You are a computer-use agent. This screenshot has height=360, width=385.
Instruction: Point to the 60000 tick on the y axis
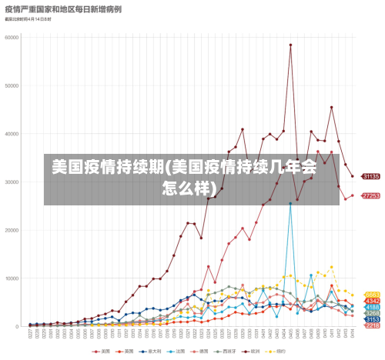pos(12,36)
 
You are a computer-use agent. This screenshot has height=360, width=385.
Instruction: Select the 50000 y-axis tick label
pos(12,85)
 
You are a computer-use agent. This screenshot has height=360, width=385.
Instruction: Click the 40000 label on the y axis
pos(12,133)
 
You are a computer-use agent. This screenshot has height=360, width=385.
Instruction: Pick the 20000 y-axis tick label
pos(12,230)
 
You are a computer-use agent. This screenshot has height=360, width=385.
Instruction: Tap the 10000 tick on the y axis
pos(12,278)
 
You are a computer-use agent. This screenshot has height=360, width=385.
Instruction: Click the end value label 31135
pos(371,176)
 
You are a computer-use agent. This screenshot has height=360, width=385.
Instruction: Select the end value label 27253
pos(371,195)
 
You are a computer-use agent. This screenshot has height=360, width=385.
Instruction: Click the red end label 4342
pos(372,301)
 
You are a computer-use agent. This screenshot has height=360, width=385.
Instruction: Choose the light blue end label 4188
pos(372,307)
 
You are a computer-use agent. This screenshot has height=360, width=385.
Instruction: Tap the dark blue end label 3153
pos(372,319)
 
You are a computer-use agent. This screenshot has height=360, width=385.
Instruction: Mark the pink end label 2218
pos(372,325)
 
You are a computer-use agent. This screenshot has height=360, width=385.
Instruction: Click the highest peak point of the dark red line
pos(290,45)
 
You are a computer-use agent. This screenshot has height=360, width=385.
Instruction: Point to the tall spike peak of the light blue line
pos(290,204)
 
